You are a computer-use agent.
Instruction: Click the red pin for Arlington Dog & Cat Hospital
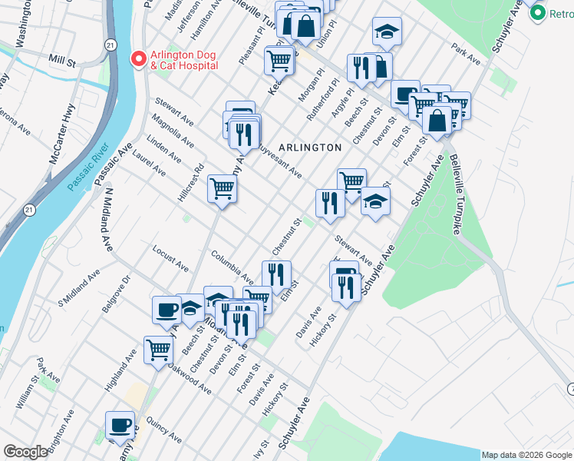coord(138,58)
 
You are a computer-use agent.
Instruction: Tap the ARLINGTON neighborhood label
coord(310,147)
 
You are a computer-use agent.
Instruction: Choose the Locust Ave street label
coord(170,260)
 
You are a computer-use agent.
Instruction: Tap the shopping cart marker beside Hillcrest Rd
coord(222,187)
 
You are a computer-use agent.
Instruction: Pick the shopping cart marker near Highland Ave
coord(158,349)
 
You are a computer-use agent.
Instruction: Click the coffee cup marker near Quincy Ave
coord(120,425)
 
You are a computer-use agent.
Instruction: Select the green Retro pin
coord(538,13)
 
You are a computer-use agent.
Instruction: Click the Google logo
coord(25,452)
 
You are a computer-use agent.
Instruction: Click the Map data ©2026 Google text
coord(526,455)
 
